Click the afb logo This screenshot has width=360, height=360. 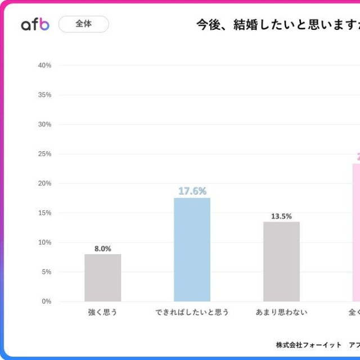pyautogui.click(x=35, y=24)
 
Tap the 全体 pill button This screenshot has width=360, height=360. pyautogui.click(x=83, y=24)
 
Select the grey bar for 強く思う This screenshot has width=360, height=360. pyautogui.click(x=103, y=278)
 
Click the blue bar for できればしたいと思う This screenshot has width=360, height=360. pyautogui.click(x=192, y=250)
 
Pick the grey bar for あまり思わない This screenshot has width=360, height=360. pyautogui.click(x=281, y=262)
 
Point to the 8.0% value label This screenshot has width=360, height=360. pyautogui.click(x=103, y=248)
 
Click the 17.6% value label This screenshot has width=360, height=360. pyautogui.click(x=192, y=191)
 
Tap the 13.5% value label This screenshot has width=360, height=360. pyautogui.click(x=281, y=216)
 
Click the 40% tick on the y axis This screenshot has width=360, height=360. pyautogui.click(x=45, y=65)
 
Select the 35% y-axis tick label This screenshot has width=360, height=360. pyautogui.click(x=45, y=95)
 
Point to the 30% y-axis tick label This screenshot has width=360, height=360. pyautogui.click(x=45, y=124)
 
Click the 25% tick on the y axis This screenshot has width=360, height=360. pyautogui.click(x=45, y=154)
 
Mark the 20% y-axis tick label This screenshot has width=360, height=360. pyautogui.click(x=45, y=183)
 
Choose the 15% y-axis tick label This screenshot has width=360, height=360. pyautogui.click(x=45, y=213)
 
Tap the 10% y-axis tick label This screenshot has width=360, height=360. pyautogui.click(x=45, y=242)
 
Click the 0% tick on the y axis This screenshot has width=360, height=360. pyautogui.click(x=47, y=301)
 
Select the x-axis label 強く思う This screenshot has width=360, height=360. pyautogui.click(x=103, y=312)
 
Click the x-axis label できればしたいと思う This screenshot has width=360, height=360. pyautogui.click(x=192, y=312)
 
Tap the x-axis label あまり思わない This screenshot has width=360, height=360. pyautogui.click(x=281, y=312)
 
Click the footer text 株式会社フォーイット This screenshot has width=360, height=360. pyautogui.click(x=309, y=345)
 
